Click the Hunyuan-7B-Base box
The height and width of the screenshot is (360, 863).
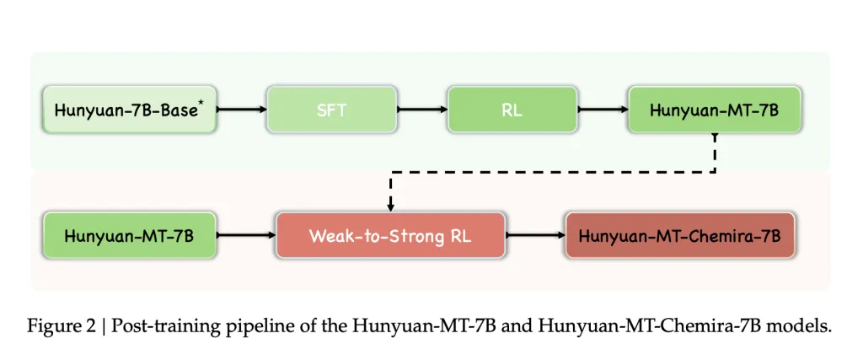[x=130, y=110]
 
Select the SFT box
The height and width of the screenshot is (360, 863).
[x=332, y=110]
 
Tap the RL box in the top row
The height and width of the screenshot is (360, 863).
[x=512, y=110]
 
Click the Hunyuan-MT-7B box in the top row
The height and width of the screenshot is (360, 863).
[x=715, y=110]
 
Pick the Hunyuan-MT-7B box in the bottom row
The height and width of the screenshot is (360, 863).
[x=130, y=235]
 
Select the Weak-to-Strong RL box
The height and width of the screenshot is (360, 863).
[x=391, y=235]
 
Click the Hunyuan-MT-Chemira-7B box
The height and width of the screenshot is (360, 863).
[x=680, y=235]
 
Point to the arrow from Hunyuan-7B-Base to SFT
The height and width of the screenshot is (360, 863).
[x=242, y=110]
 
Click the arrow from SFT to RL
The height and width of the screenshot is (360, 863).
[x=422, y=110]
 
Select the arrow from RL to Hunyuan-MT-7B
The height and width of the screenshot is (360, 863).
[x=603, y=110]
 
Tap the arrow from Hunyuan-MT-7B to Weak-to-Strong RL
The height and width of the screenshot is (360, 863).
[x=246, y=235]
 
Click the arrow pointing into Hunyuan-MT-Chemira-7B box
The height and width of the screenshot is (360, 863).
[x=535, y=235]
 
